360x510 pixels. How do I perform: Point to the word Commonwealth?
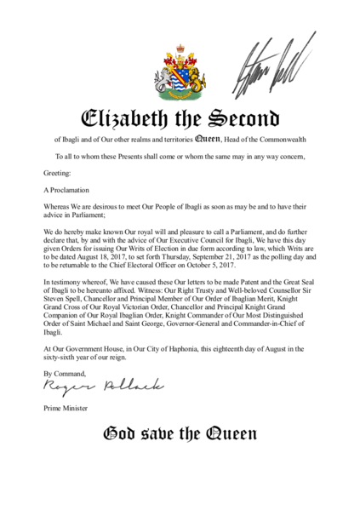pyautogui.click(x=281, y=140)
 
